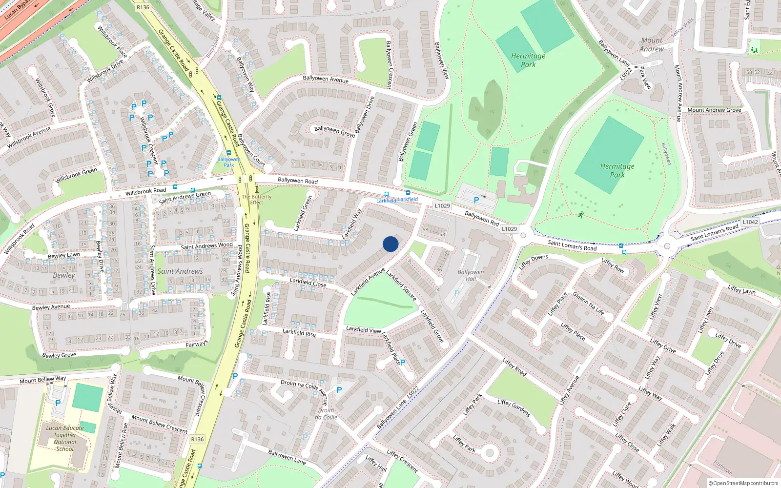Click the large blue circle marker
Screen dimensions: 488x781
(390, 244)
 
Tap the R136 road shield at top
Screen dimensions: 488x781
(143, 7)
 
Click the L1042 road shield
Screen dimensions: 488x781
(750, 222)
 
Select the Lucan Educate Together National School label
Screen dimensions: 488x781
(65, 438)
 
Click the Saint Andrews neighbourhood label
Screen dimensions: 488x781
(180, 271)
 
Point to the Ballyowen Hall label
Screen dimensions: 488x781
(471, 275)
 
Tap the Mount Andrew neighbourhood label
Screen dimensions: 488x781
(652, 44)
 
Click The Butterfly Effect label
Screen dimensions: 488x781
(256, 200)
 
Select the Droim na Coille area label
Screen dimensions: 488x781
(326, 414)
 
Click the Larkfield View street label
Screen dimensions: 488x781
(363, 329)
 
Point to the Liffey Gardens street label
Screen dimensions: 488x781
(514, 408)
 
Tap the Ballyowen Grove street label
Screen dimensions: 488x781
(334, 131)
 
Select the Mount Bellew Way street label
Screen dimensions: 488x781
(42, 380)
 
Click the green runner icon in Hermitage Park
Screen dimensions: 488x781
(580, 215)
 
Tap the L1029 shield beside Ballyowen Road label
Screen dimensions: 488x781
(442, 206)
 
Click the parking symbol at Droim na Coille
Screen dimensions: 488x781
(339, 390)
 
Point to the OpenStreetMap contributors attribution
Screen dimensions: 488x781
(743, 483)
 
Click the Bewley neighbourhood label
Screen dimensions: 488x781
(64, 275)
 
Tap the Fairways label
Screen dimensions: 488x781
(197, 344)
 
